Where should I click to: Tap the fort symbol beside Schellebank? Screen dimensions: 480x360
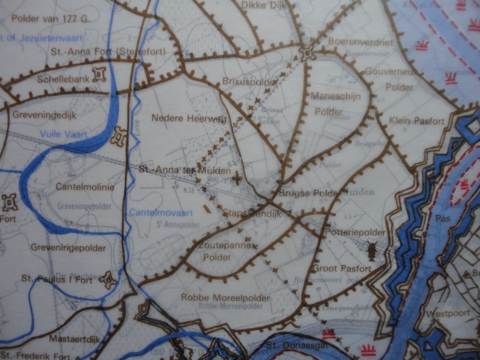pyautogui.click(x=98, y=74)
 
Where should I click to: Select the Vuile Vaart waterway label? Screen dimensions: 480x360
pyautogui.click(x=63, y=134)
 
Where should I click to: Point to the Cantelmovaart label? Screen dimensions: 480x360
pyautogui.click(x=152, y=213)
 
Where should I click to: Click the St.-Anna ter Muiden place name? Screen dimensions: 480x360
pyautogui.click(x=185, y=171)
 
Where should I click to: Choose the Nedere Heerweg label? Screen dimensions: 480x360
pyautogui.click(x=189, y=118)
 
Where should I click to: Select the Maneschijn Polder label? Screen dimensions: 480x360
pyautogui.click(x=327, y=104)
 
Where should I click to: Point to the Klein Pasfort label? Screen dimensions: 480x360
pyautogui.click(x=417, y=121)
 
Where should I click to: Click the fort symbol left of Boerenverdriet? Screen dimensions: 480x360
pyautogui.click(x=306, y=53)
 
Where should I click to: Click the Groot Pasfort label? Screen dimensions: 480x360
pyautogui.click(x=342, y=268)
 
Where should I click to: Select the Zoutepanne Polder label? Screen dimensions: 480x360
pyautogui.click(x=217, y=251)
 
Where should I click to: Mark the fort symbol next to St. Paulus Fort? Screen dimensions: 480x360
pyautogui.click(x=109, y=279)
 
